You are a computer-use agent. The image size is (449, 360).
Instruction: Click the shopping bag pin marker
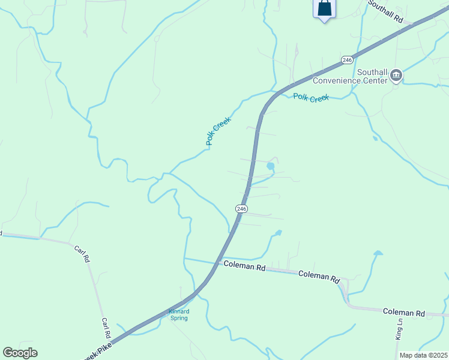click(324, 8)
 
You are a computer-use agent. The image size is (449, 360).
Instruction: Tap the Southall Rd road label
click(385, 11)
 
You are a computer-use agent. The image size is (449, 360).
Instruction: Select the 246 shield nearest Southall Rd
click(347, 60)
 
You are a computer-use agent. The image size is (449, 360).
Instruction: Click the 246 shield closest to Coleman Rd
click(241, 208)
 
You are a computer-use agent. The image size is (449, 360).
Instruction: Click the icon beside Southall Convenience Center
click(396, 76)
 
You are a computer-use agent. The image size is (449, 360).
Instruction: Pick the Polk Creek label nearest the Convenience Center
click(311, 97)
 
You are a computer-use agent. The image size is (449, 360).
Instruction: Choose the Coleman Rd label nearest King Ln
click(403, 313)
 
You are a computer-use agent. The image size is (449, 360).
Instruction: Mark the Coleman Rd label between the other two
click(319, 276)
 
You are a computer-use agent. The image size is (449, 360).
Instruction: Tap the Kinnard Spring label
click(178, 314)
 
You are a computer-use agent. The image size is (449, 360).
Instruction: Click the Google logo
click(20, 353)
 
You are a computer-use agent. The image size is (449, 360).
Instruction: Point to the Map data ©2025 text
click(423, 355)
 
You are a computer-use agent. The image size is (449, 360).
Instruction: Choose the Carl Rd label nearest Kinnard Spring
click(106, 328)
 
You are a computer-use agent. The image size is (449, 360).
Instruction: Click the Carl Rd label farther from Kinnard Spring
click(82, 254)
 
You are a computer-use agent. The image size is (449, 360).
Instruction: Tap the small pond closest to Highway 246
click(270, 166)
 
